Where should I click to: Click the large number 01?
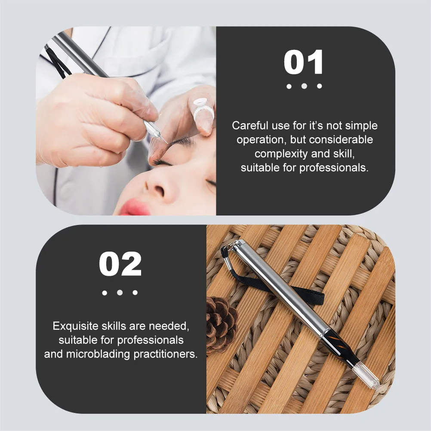coord(304,63)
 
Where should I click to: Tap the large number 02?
coord(120,264)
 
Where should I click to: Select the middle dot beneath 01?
coord(304,86)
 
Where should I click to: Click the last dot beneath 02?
coord(135,292)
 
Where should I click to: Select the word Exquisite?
coord(74,326)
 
